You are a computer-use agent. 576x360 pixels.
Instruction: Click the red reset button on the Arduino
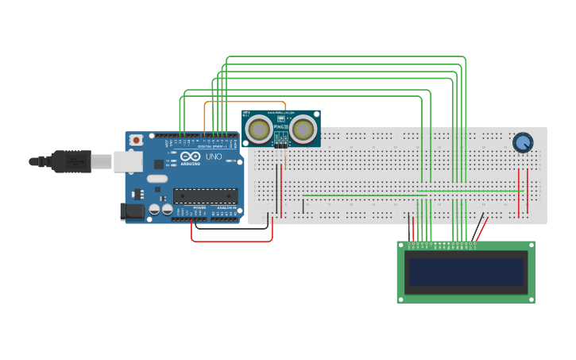click(x=136, y=140)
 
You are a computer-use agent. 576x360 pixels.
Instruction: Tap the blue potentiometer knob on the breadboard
click(x=522, y=142)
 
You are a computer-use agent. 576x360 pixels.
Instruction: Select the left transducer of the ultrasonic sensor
click(x=258, y=128)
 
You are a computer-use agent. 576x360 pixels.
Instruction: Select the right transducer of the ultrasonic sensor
click(x=303, y=128)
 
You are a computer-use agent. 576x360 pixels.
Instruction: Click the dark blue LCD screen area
click(x=466, y=272)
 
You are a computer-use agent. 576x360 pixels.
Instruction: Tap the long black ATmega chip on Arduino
click(x=205, y=195)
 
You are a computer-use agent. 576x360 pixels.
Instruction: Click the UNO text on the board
click(x=214, y=157)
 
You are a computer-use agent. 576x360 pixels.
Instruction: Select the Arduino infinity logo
click(x=191, y=157)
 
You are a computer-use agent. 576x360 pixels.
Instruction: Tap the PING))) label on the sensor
click(x=280, y=125)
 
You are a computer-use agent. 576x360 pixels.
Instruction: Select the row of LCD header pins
click(x=443, y=245)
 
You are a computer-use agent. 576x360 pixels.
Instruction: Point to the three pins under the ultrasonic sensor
click(x=280, y=145)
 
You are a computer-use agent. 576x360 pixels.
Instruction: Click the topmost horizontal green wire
click(x=346, y=57)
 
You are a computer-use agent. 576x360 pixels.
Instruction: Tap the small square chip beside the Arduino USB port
click(x=158, y=165)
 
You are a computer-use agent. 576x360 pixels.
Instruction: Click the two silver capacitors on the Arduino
click(x=160, y=209)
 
